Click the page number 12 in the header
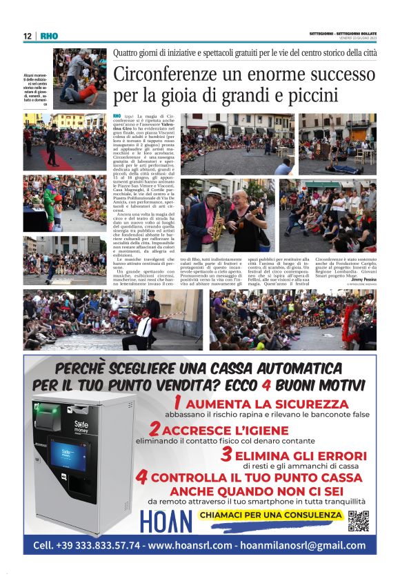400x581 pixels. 27,36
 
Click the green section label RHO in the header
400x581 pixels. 50,36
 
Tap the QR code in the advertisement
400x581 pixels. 358,521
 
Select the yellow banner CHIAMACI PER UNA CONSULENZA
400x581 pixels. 270,515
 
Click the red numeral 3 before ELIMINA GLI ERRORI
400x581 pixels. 226,455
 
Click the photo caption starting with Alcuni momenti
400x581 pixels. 37,89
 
